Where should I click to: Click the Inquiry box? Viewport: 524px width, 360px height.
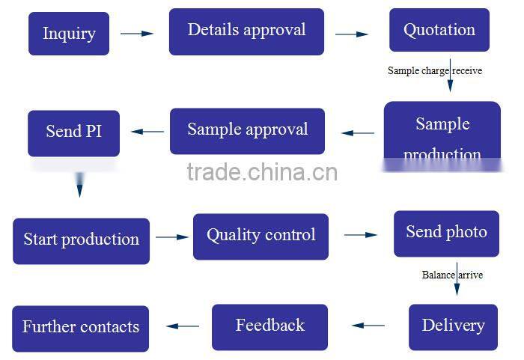point(69,34)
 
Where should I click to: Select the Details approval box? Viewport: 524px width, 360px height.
point(246,31)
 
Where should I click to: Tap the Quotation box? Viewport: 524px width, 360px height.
point(439,31)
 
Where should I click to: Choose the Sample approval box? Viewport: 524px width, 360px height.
point(247,130)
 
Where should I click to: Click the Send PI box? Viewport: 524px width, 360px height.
point(73,132)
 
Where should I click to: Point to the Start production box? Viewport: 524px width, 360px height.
point(81,240)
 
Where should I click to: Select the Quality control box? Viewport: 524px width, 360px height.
point(261,236)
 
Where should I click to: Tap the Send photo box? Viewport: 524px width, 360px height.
point(446,233)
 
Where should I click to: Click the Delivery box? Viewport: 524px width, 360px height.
point(453,326)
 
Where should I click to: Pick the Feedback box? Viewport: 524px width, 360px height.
point(269,326)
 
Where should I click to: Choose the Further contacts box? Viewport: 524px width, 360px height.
point(81,328)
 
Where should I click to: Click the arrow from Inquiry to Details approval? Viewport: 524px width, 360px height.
point(137,34)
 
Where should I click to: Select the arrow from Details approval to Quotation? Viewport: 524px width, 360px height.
point(351,34)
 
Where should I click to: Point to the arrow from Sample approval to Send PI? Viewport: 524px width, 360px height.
point(147,132)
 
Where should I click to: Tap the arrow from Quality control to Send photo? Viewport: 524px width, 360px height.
point(361,235)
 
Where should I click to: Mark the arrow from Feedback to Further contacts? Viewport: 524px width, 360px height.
point(183,326)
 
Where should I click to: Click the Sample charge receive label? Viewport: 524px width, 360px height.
point(435,71)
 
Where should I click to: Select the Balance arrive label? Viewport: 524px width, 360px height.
point(452,275)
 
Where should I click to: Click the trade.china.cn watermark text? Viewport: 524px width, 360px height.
point(262,173)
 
